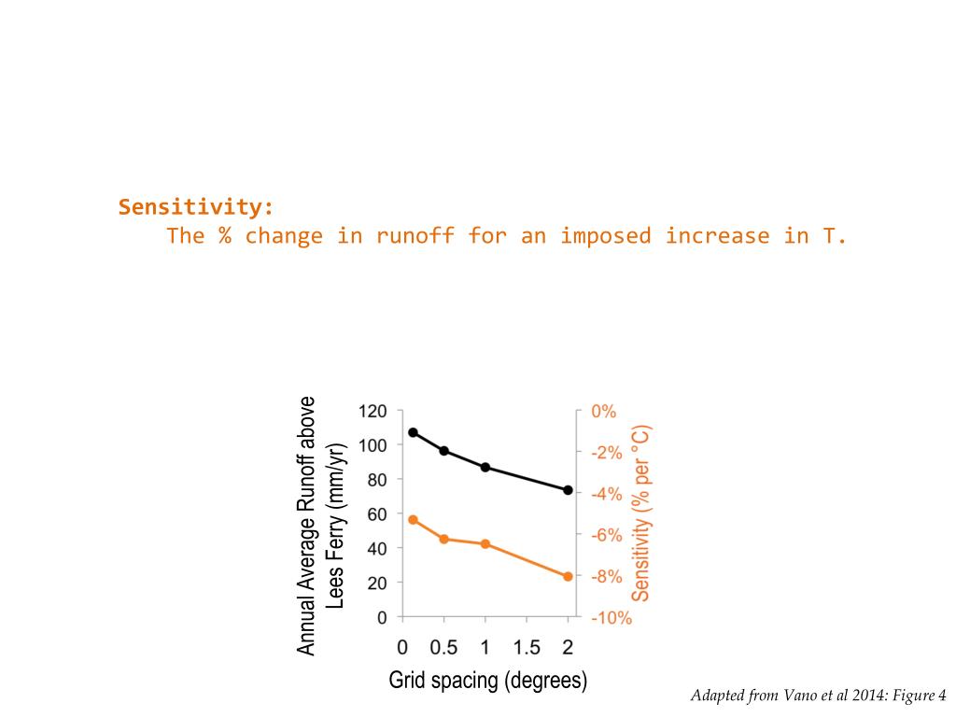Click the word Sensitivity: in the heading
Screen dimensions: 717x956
[196, 206]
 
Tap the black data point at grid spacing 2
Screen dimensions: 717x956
[568, 490]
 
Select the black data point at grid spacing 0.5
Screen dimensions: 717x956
[444, 451]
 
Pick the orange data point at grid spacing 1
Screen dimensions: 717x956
[485, 543]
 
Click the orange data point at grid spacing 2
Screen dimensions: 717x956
[568, 576]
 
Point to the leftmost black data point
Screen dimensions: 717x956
[413, 432]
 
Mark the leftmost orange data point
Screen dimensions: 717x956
[413, 519]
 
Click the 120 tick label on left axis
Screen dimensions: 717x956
[373, 411]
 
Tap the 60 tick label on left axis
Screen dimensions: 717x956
[376, 514]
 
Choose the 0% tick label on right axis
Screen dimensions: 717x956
[604, 411]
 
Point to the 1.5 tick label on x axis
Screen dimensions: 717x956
[527, 647]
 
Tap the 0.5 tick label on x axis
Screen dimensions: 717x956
[444, 647]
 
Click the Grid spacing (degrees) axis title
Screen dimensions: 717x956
[488, 681]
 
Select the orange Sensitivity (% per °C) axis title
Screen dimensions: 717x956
[640, 513]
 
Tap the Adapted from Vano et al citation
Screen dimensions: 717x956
[819, 696]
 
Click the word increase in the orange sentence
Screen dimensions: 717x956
[717, 235]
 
